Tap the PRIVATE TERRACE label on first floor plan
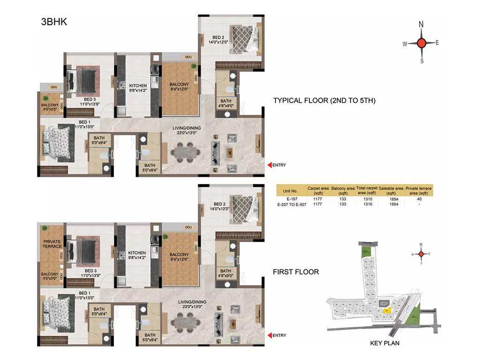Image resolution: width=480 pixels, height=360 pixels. tap(52, 244)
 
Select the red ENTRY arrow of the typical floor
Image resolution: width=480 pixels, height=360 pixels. tap(270, 165)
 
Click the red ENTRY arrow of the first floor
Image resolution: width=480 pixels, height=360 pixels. tap(270, 335)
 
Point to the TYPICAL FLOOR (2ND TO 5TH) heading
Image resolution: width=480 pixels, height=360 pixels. tap(324, 100)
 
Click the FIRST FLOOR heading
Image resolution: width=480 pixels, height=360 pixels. tap(296, 271)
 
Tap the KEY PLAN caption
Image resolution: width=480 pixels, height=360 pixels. tap(384, 343)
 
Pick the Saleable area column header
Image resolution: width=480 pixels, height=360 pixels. tap(391, 190)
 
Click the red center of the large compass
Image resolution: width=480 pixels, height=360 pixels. tap(421, 43)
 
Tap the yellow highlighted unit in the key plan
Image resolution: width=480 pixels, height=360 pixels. tap(387, 310)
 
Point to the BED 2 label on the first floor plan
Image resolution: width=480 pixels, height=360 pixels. tap(218, 204)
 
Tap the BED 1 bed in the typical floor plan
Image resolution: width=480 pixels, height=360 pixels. tap(58, 143)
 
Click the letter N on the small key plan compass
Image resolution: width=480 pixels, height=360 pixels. tap(421, 245)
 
